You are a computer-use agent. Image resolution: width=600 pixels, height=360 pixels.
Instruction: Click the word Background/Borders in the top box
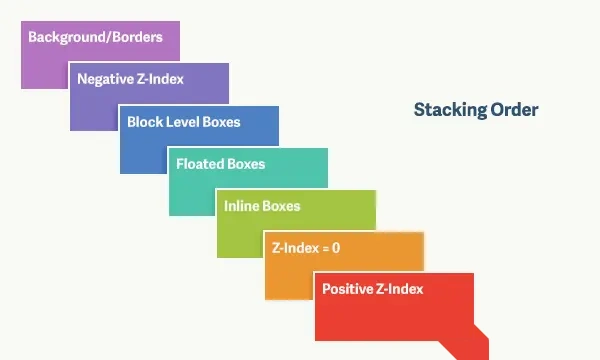[95, 37]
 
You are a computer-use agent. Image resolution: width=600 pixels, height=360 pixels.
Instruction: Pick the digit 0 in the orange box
[336, 248]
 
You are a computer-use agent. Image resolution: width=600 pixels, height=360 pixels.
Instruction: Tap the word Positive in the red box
[347, 289]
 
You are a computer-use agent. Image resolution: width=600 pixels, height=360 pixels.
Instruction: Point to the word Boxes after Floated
[243, 164]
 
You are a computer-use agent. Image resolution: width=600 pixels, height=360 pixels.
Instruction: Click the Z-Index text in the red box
[399, 289]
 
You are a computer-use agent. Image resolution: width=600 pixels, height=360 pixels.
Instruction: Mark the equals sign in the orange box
[326, 249]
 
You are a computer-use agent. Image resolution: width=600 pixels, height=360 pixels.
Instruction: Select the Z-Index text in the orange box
[295, 248]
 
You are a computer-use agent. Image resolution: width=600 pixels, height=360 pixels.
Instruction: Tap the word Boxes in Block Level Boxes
[221, 122]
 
